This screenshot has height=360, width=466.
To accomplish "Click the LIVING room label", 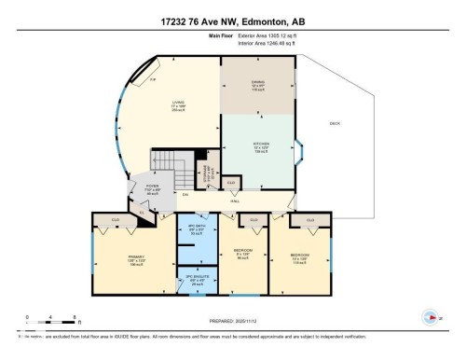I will pos(173,104).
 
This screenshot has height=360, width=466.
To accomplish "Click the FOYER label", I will pos(151,187).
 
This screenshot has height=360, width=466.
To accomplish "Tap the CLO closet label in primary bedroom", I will pos(116,220).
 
